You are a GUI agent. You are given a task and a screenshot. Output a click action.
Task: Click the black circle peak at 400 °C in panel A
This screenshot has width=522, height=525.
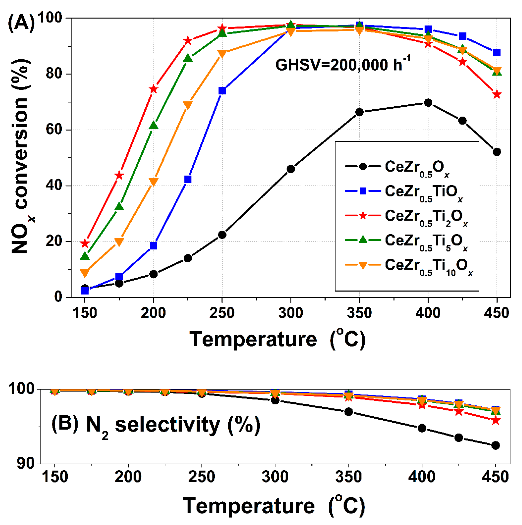pos(428,103)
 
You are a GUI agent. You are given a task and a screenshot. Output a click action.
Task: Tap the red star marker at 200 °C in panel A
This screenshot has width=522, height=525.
pos(154,89)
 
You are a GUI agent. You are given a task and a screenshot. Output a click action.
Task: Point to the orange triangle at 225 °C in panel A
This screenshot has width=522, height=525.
pos(188,105)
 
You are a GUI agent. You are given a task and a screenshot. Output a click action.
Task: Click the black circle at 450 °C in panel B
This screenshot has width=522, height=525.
pos(495,445)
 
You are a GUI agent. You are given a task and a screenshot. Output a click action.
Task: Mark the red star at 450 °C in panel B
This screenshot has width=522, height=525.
pos(495,421)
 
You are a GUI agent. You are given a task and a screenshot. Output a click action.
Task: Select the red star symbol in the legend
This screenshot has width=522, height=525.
pos(363,216)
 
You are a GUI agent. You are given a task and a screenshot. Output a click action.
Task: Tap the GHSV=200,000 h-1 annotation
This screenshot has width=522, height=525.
pos(342,64)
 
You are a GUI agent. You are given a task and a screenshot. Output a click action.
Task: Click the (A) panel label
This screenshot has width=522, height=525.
pos(21,23)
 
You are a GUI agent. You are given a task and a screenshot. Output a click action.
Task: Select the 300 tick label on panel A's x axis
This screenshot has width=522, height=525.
pos(291,313)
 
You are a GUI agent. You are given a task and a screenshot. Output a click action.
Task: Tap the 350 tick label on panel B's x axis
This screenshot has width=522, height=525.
pos(348,477)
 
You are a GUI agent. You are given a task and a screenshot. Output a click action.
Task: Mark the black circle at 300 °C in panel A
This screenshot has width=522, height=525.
pos(291,169)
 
